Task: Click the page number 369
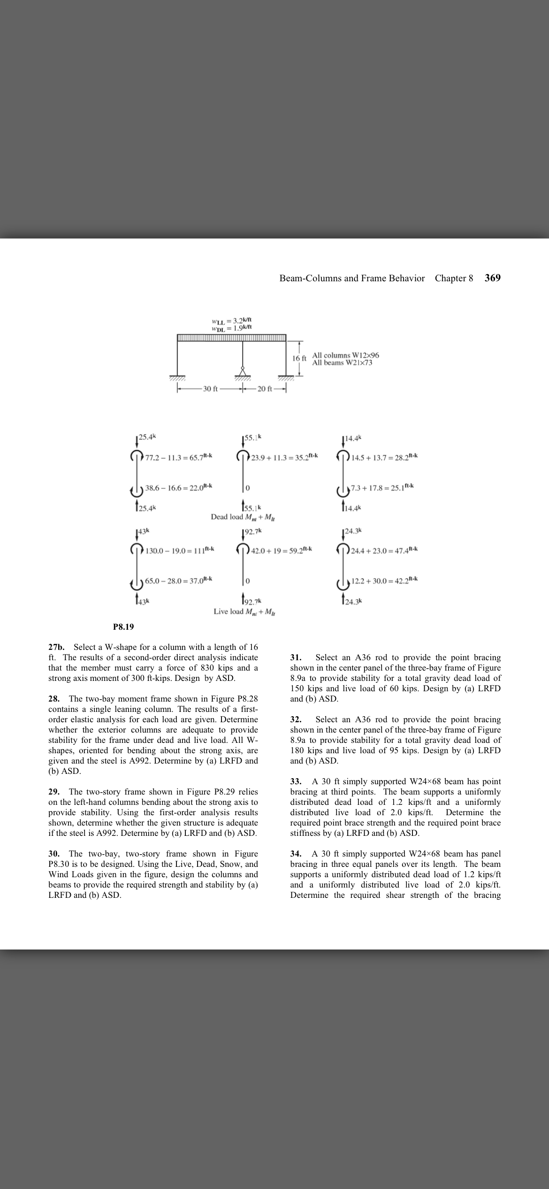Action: (x=492, y=278)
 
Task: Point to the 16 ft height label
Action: (x=299, y=358)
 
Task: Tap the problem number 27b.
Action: (x=58, y=647)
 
